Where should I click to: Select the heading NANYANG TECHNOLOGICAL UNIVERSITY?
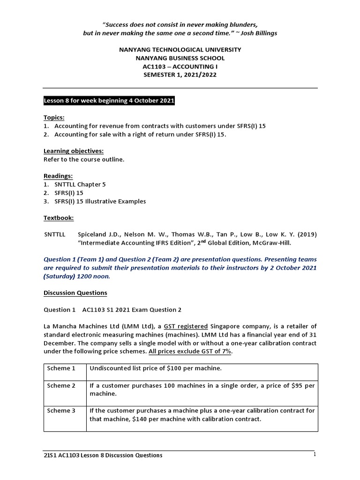(x=180, y=50)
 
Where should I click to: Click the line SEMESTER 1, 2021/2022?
(x=180, y=75)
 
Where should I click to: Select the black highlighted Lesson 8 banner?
(x=109, y=101)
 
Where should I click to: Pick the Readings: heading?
(x=59, y=176)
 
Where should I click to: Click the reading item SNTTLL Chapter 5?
(x=80, y=184)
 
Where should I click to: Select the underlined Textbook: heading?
(x=59, y=218)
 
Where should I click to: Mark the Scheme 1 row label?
(x=61, y=368)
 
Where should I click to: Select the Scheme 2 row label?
(x=61, y=385)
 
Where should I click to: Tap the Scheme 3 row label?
(x=61, y=410)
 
